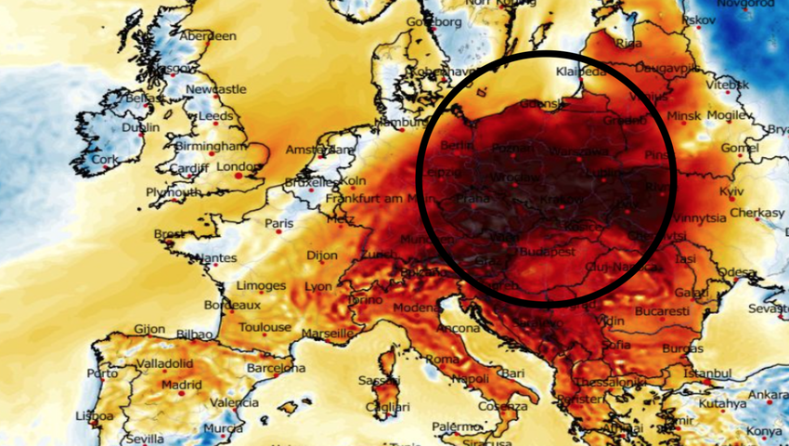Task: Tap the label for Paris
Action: [278, 224]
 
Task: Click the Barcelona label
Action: [276, 368]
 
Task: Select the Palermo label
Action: [457, 426]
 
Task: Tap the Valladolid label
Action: [164, 362]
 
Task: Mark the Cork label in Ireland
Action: [104, 159]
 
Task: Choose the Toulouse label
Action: [264, 326]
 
